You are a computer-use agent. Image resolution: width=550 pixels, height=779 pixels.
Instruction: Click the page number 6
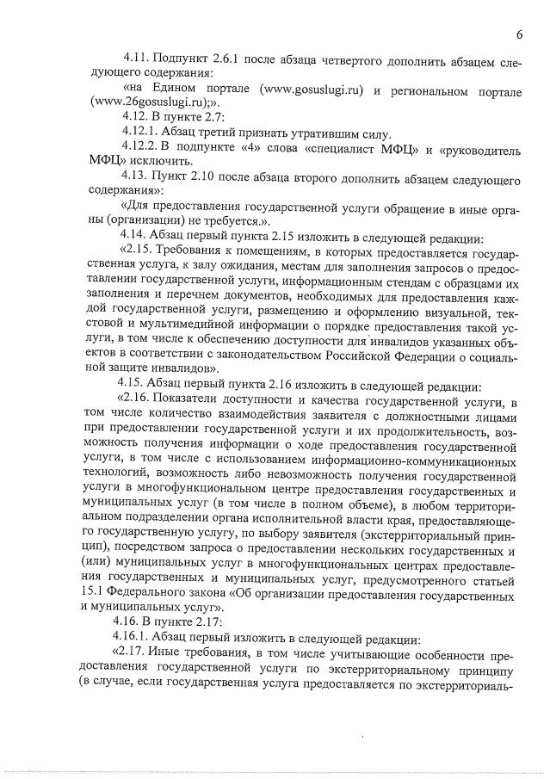point(520,35)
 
